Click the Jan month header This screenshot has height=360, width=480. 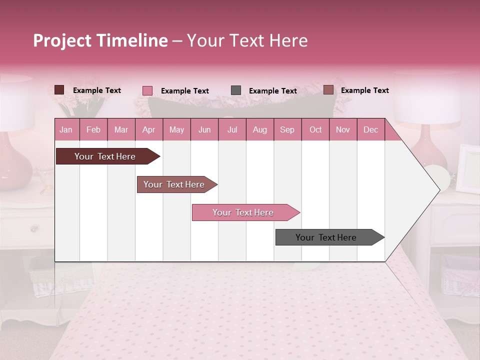(x=66, y=129)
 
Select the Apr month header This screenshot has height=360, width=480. (x=148, y=129)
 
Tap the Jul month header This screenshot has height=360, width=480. (x=232, y=129)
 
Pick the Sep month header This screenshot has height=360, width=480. (x=287, y=129)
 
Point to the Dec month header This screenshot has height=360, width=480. (x=370, y=129)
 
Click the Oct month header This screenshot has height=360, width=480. (x=315, y=129)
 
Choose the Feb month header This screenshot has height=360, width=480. (x=93, y=129)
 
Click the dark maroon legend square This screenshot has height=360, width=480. (x=59, y=90)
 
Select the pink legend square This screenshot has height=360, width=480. (x=147, y=90)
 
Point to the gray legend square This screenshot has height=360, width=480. (x=235, y=90)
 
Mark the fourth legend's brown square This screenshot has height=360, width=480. (x=328, y=90)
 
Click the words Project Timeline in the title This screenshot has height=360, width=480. (x=100, y=40)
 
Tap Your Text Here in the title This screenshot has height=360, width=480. (x=247, y=40)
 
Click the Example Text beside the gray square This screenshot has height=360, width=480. (x=272, y=91)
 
